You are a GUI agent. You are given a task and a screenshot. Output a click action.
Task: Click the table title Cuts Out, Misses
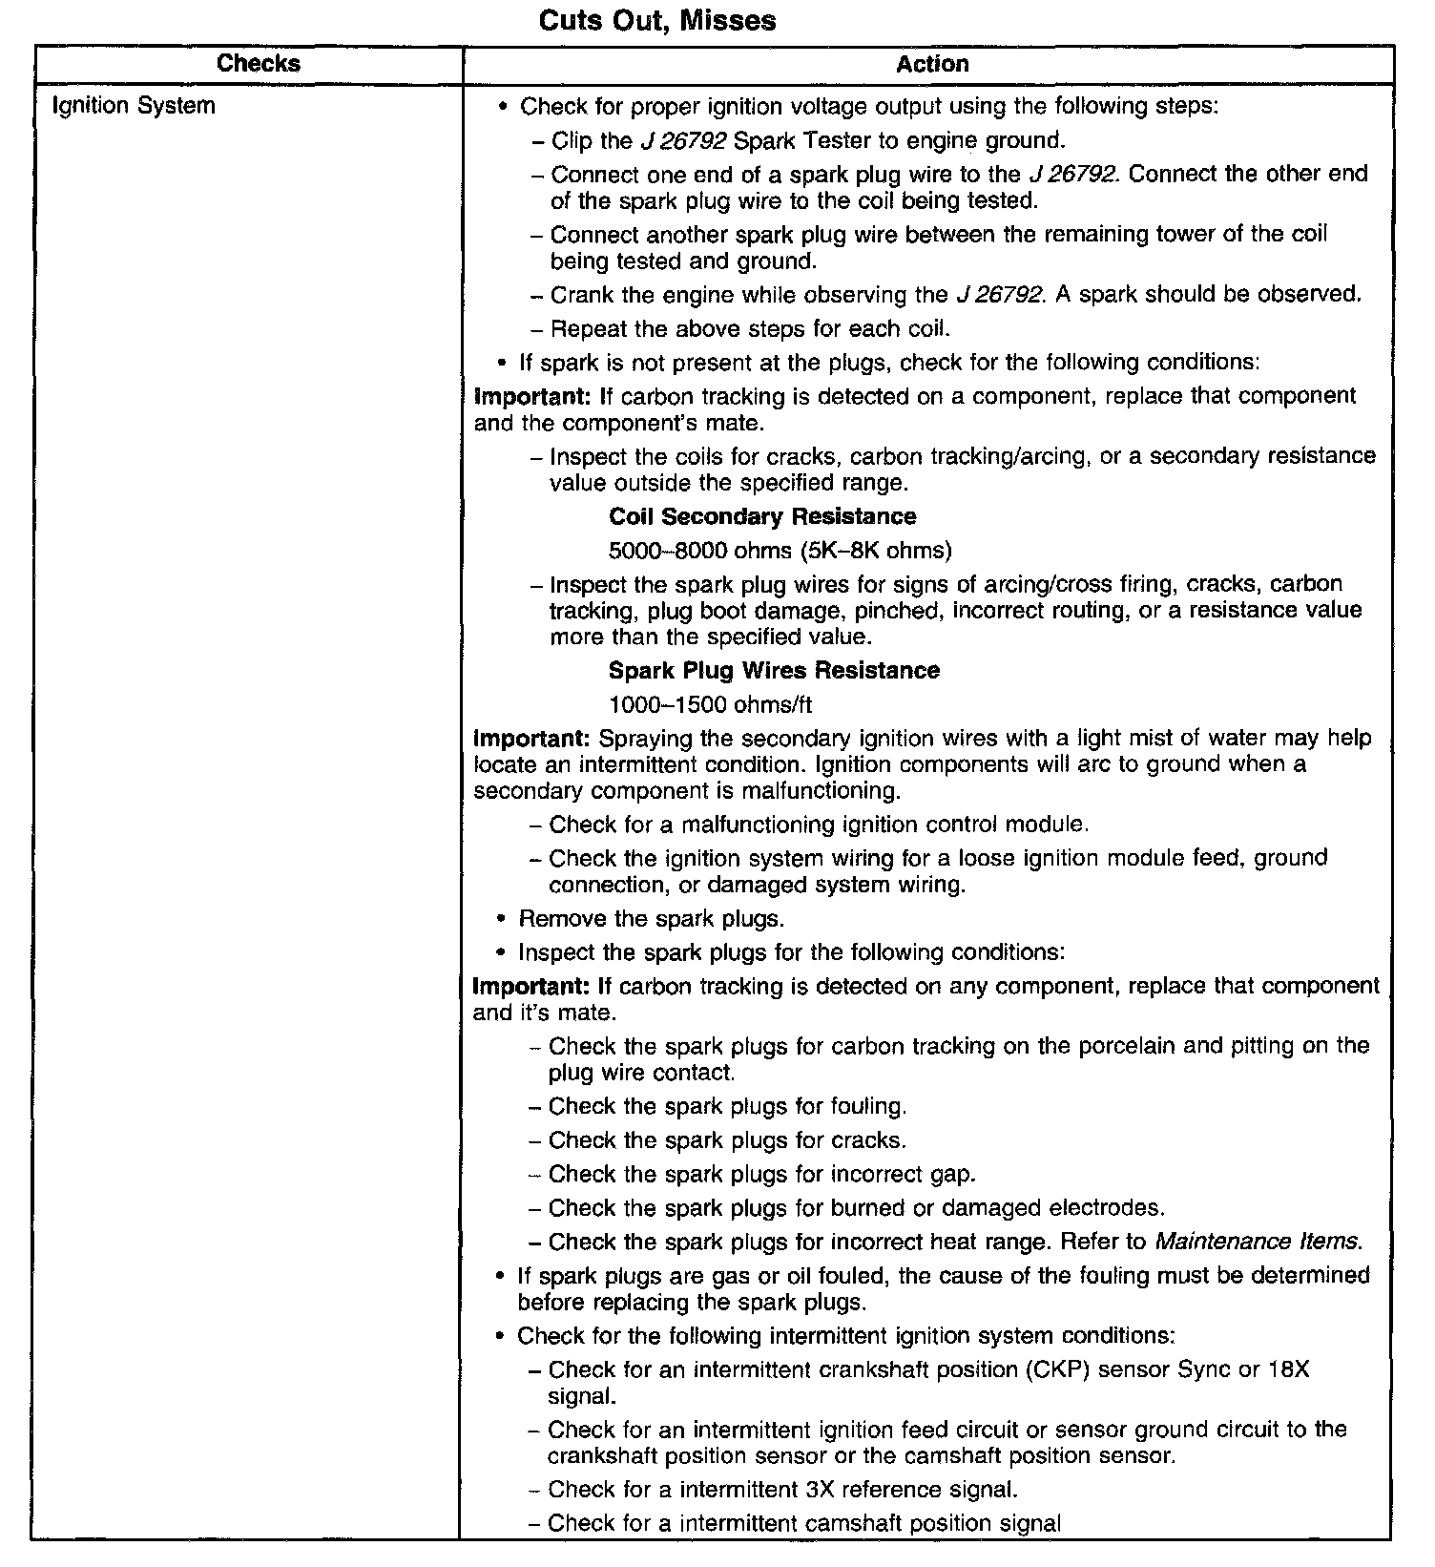tap(657, 21)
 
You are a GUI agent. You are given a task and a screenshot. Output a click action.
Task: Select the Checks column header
tap(259, 64)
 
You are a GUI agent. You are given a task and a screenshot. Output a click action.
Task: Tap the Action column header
tap(932, 64)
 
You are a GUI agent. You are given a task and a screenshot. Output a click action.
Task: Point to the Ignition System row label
tap(134, 105)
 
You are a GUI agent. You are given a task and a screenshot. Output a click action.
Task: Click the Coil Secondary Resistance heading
tap(762, 516)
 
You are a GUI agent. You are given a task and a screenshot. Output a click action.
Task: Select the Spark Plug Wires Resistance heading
tap(774, 671)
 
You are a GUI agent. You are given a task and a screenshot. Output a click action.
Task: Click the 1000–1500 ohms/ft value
tap(710, 705)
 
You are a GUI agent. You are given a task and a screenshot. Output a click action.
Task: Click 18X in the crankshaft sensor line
tap(1288, 1369)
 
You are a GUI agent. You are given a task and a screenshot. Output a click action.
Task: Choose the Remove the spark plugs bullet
tap(651, 919)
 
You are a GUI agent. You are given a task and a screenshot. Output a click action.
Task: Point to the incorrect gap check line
tap(761, 1174)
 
